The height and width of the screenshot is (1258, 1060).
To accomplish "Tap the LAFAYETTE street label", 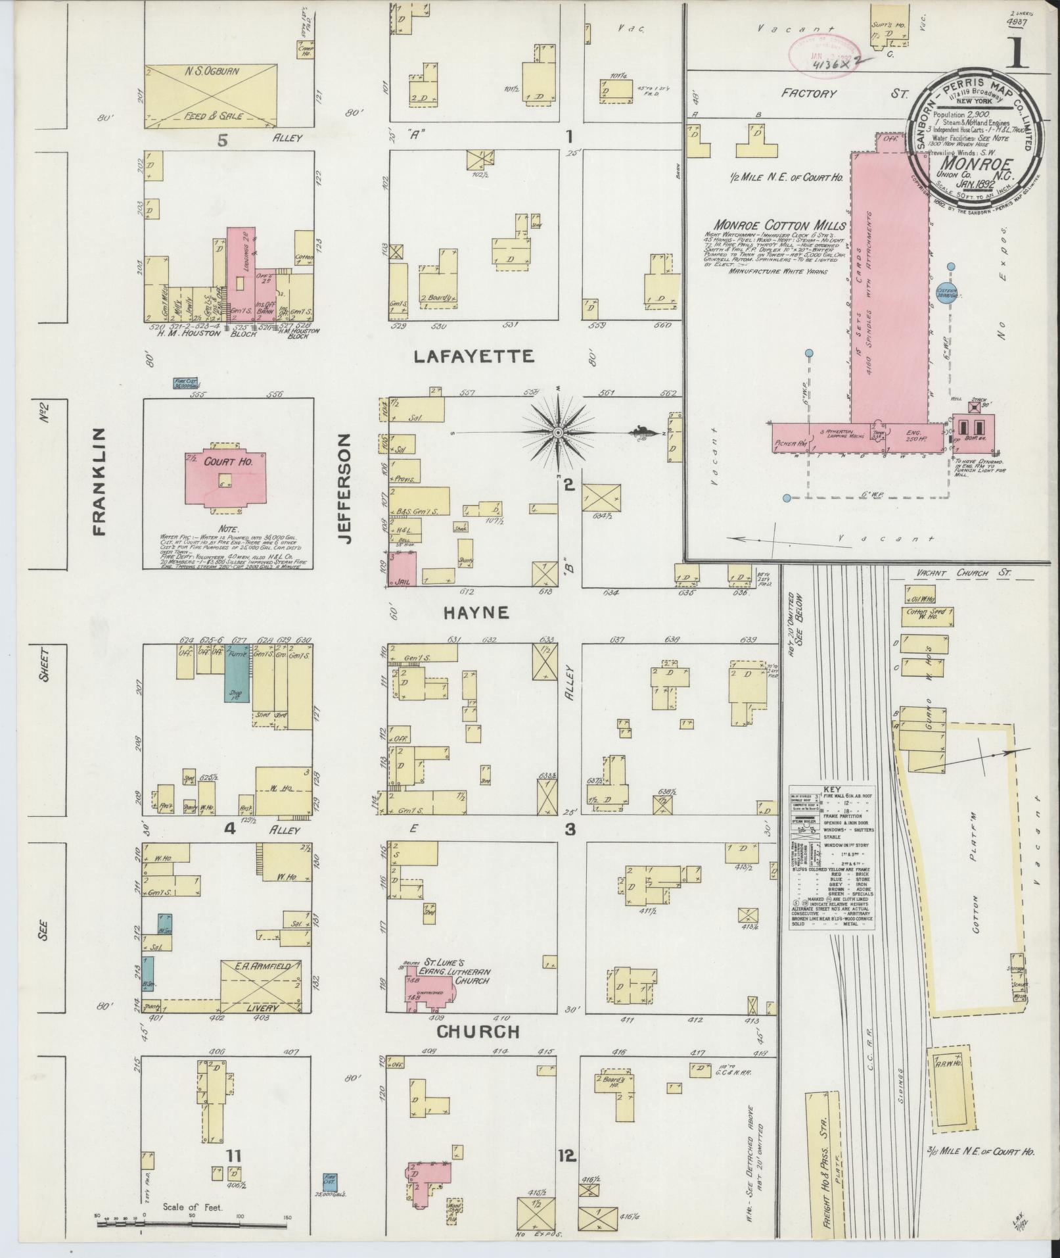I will [x=474, y=357].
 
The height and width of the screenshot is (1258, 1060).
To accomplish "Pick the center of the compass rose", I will [x=557, y=432].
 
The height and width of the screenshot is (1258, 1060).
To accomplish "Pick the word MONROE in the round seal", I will [x=971, y=162].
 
